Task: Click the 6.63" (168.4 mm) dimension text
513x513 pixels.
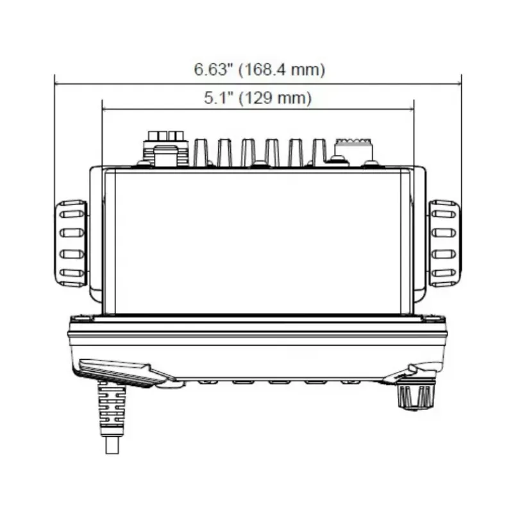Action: (x=260, y=70)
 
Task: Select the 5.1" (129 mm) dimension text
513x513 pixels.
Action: (x=258, y=98)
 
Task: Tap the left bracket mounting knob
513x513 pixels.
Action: (x=71, y=244)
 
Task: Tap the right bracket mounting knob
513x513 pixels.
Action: (x=444, y=244)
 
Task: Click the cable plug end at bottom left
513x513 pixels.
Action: (x=112, y=444)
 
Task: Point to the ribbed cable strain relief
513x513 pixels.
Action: (x=112, y=408)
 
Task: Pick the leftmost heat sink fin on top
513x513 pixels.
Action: (x=201, y=153)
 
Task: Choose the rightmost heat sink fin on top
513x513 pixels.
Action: (x=319, y=153)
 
